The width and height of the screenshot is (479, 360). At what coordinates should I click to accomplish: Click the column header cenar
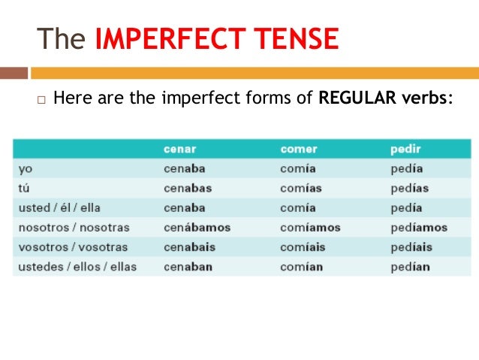pos(179,149)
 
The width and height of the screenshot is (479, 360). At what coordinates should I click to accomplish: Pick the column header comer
pos(299,149)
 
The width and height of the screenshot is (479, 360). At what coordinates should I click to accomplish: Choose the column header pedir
pos(405,149)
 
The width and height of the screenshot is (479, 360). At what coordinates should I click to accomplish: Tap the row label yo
pos(25,168)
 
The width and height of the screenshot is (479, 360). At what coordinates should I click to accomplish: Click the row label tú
pos(25,188)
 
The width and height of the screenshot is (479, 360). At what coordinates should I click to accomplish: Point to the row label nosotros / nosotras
pos(74,227)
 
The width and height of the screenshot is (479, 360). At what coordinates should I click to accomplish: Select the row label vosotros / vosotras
pos(73,247)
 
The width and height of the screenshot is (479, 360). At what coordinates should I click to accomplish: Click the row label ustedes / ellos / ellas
pos(78,266)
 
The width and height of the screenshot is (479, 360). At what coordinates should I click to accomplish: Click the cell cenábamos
pos(197,227)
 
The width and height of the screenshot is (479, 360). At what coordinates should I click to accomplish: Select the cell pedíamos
pos(419,227)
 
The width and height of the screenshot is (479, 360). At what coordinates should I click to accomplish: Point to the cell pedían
pos(410,266)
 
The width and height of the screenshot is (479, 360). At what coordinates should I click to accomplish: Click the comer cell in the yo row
pos(298,168)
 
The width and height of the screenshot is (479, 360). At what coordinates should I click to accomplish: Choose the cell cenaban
pos(188,266)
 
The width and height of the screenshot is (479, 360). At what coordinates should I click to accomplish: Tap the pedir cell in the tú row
pos(410,188)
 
